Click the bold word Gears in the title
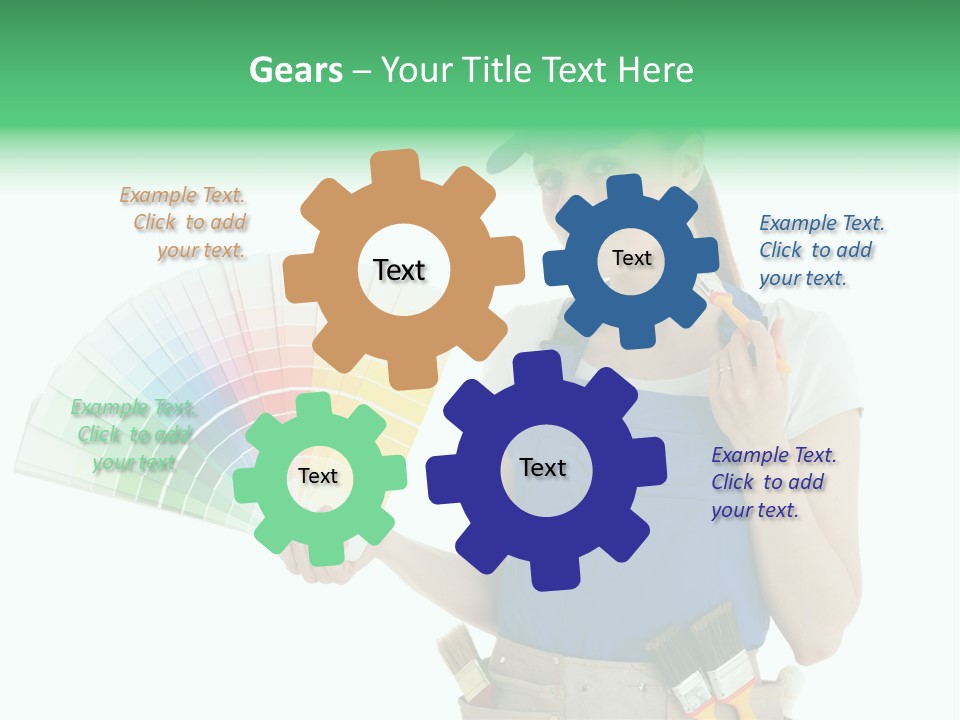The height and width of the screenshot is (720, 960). [295, 70]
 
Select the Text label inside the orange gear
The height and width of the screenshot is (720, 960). [399, 270]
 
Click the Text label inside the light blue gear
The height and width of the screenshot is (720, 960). [631, 258]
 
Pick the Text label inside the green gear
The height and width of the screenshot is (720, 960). [318, 476]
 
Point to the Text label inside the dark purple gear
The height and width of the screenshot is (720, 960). [543, 467]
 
